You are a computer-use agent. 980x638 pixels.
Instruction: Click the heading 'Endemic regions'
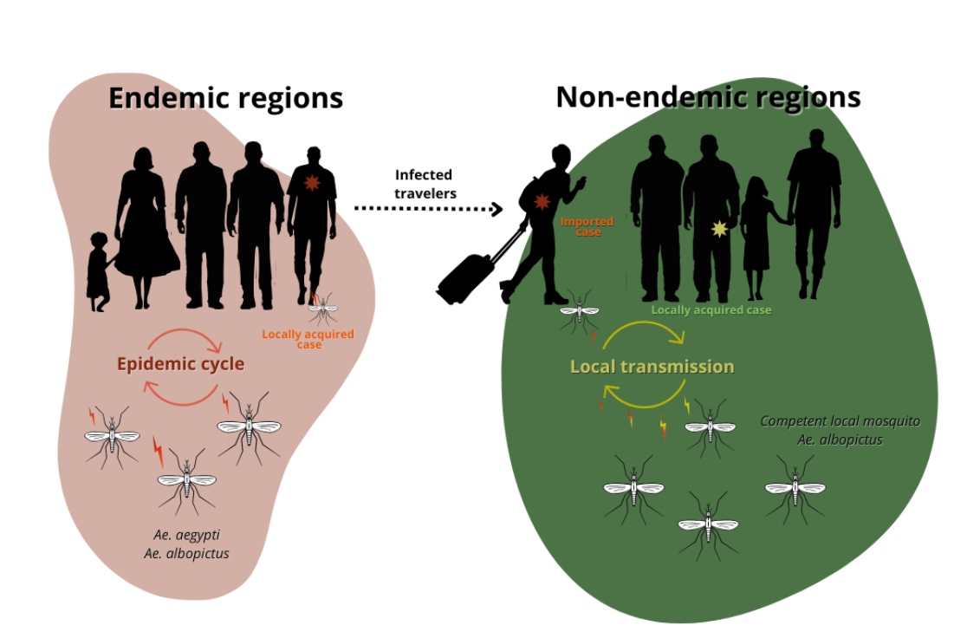[225, 97]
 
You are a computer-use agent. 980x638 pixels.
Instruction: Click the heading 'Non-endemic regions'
[708, 96]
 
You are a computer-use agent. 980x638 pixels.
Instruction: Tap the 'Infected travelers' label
[424, 184]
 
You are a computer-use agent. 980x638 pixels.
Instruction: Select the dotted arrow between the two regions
[428, 209]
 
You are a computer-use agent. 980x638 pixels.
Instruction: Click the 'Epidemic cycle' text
[180, 364]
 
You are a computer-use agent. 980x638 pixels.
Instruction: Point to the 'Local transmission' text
[652, 367]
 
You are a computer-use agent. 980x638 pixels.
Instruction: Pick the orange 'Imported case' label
[587, 226]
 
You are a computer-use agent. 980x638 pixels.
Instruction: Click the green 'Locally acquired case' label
[711, 309]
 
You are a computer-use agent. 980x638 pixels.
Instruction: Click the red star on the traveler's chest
[542, 201]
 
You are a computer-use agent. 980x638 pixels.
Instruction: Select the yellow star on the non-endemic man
[718, 229]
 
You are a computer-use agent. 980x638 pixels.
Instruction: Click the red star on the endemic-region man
[312, 184]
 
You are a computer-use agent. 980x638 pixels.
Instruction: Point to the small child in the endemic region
[99, 271]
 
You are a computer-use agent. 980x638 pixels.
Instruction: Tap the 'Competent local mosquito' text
[840, 420]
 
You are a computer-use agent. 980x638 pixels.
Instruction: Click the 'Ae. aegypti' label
[186, 535]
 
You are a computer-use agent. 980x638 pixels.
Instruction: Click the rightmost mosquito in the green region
[795, 487]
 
